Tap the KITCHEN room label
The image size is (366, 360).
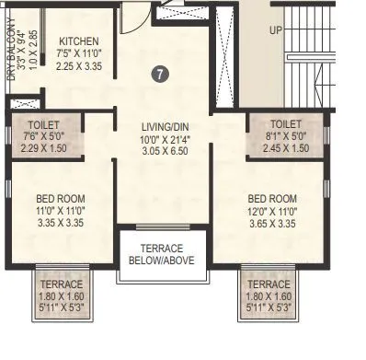click(x=79, y=42)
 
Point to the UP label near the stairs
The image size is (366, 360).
click(x=276, y=29)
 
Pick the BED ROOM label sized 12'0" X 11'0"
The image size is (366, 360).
click(x=272, y=198)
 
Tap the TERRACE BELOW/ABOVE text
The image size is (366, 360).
click(x=162, y=254)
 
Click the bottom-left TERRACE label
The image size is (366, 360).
click(x=62, y=285)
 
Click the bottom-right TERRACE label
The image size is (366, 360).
click(x=269, y=285)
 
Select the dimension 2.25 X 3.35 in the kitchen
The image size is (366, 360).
click(x=80, y=66)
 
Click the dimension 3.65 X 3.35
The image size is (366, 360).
click(x=272, y=223)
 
